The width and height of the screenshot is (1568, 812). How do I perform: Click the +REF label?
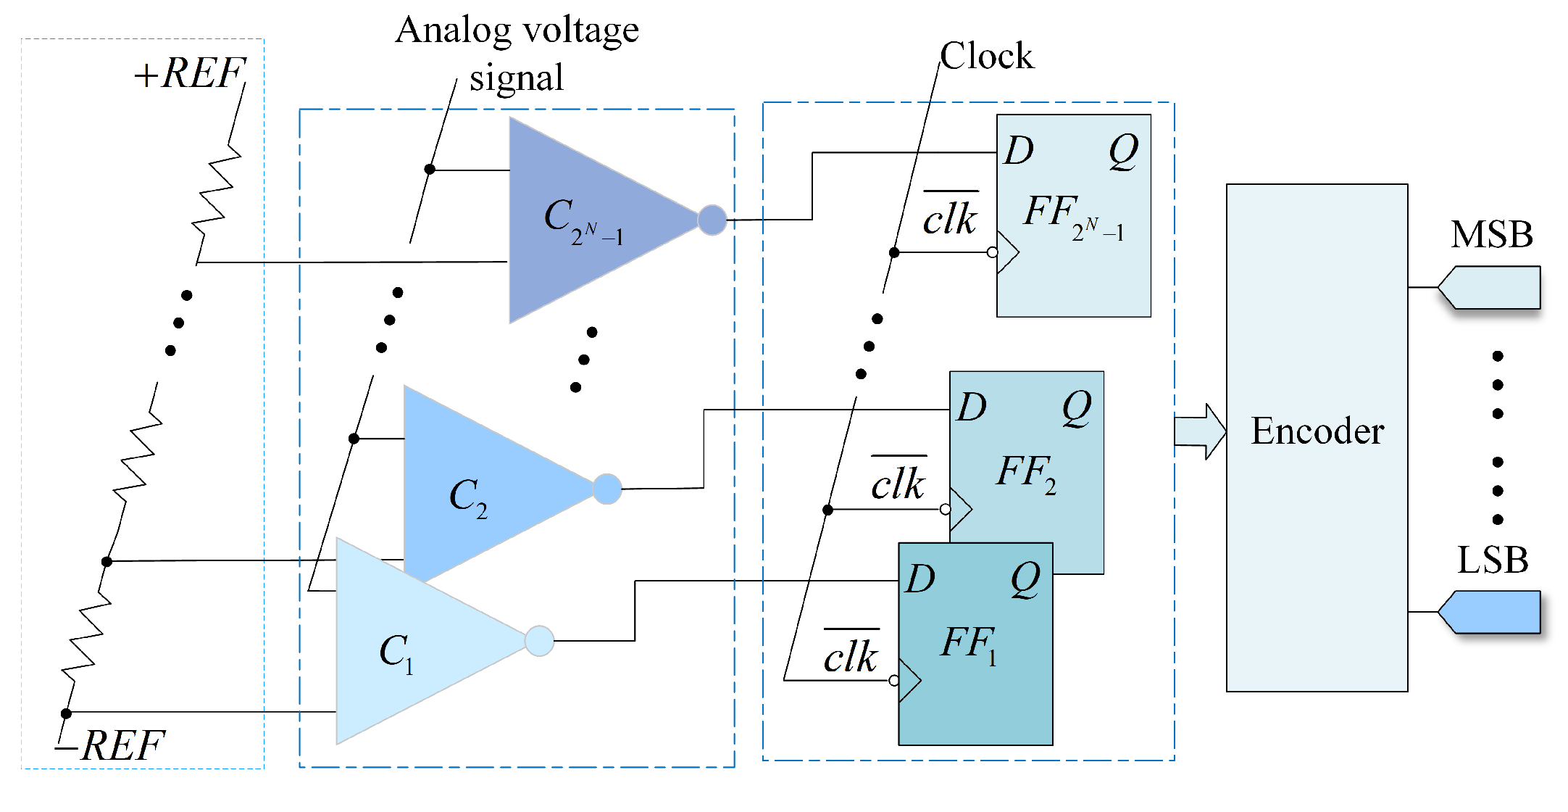(x=190, y=73)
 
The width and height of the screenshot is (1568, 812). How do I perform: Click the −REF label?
(x=112, y=745)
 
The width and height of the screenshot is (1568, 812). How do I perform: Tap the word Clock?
(x=986, y=56)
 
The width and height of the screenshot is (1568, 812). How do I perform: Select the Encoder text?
(x=1317, y=431)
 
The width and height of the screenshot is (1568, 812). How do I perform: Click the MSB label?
(x=1491, y=235)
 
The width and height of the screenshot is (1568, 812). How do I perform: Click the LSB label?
(x=1492, y=560)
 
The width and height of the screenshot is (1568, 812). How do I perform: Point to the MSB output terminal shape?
(x=1490, y=288)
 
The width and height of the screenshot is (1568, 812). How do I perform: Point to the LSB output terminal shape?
(x=1490, y=613)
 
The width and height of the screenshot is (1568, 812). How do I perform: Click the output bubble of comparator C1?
(x=539, y=641)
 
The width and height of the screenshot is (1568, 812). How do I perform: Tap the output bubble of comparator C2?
(x=607, y=489)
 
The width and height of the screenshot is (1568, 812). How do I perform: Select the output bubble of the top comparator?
(x=712, y=220)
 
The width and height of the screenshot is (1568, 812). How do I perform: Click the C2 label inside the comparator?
(x=468, y=498)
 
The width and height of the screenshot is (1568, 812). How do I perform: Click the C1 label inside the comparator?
(x=396, y=652)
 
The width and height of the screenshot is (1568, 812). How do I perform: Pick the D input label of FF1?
(x=920, y=579)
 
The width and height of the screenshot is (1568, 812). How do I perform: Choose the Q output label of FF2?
(x=1077, y=408)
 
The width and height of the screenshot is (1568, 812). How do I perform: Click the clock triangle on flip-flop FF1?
(x=909, y=681)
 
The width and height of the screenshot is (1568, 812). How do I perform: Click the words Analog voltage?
(x=517, y=31)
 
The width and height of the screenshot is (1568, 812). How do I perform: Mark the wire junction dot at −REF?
(x=66, y=713)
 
